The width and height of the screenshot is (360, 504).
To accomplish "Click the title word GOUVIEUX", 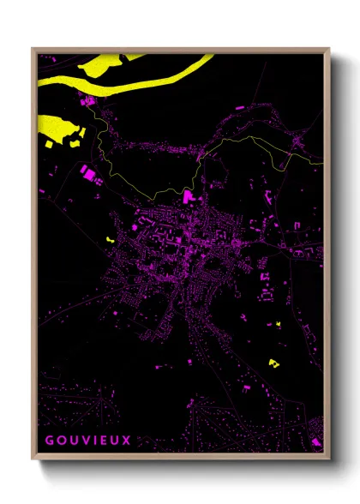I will tap(83, 441).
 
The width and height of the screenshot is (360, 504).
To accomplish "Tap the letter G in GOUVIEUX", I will tap(49, 441).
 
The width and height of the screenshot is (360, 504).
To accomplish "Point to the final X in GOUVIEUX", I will tap(126, 441).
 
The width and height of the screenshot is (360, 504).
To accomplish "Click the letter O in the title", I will tap(60, 441).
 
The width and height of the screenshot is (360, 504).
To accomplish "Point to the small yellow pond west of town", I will tap(109, 238).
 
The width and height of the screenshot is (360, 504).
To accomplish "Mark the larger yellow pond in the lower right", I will tap(274, 363).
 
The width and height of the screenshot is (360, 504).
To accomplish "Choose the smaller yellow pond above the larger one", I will tap(279, 324).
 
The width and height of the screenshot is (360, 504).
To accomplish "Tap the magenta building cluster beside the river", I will tap(88, 105).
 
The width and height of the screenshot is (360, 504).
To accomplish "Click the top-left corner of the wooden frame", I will tap(33, 50).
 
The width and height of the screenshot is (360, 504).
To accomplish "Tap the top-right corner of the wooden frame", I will tap(328, 50).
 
